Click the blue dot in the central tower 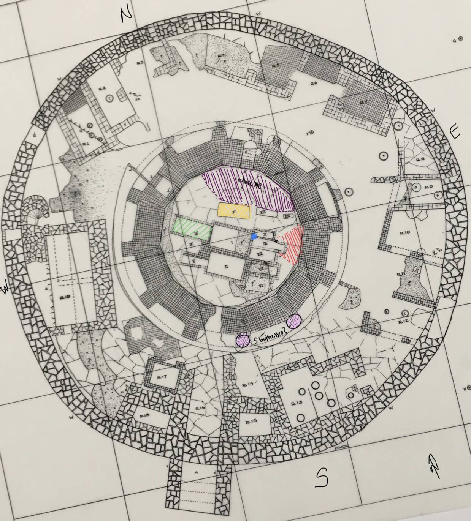click(x=254, y=237)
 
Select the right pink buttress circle click(x=294, y=321)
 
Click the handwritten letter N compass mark click(x=126, y=15)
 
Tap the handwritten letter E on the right click(x=455, y=132)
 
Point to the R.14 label click(x=247, y=384)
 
